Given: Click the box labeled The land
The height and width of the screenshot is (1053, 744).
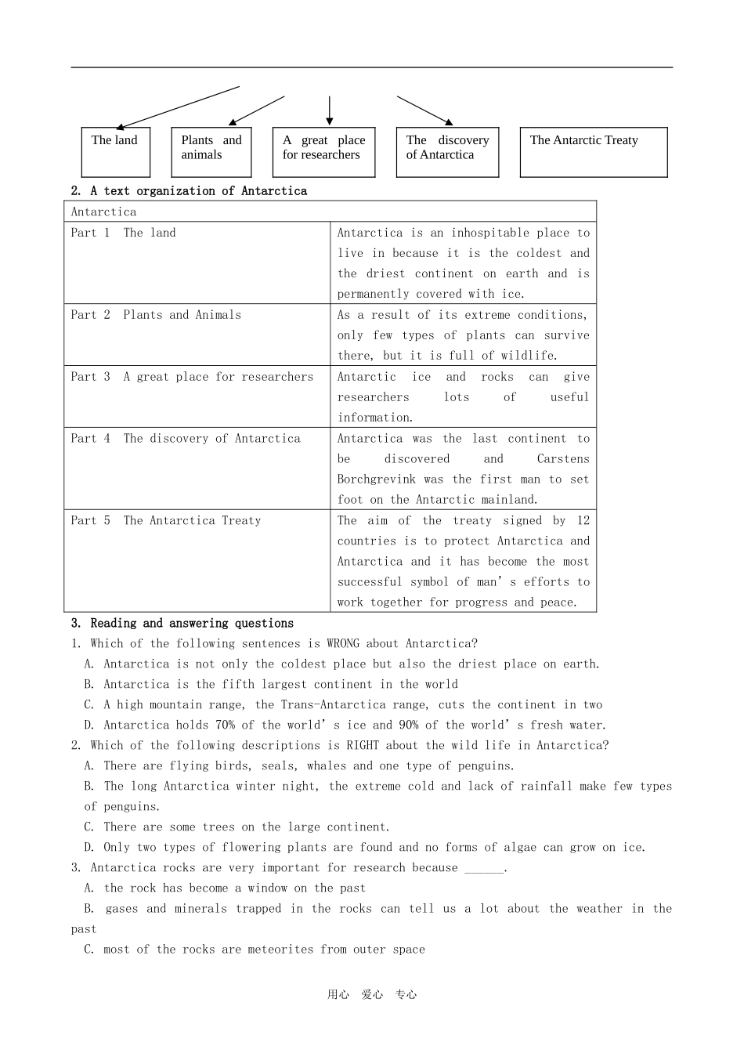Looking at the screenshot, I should (x=115, y=152).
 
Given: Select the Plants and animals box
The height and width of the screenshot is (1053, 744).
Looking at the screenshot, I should (x=211, y=152).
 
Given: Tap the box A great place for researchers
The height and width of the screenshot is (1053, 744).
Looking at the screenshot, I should (x=323, y=152).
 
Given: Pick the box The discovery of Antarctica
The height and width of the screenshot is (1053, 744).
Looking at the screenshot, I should (x=447, y=152).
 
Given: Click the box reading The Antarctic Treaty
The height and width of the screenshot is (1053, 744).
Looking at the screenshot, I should (x=594, y=152).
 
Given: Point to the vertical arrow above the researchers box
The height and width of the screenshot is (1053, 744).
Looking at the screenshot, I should (x=330, y=110).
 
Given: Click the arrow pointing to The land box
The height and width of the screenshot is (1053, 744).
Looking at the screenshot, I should (x=179, y=107).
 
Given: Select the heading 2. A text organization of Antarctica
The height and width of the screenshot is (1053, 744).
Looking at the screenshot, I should (x=189, y=191).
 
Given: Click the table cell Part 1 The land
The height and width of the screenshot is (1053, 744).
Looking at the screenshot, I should (x=124, y=233).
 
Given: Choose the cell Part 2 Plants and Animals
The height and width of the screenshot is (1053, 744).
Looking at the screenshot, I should (x=156, y=315).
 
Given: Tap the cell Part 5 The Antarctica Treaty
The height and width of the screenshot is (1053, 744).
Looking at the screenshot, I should (x=166, y=520).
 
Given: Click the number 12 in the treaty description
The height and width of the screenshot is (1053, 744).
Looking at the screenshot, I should (x=583, y=520).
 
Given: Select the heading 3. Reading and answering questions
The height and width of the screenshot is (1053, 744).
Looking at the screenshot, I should (x=182, y=624).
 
